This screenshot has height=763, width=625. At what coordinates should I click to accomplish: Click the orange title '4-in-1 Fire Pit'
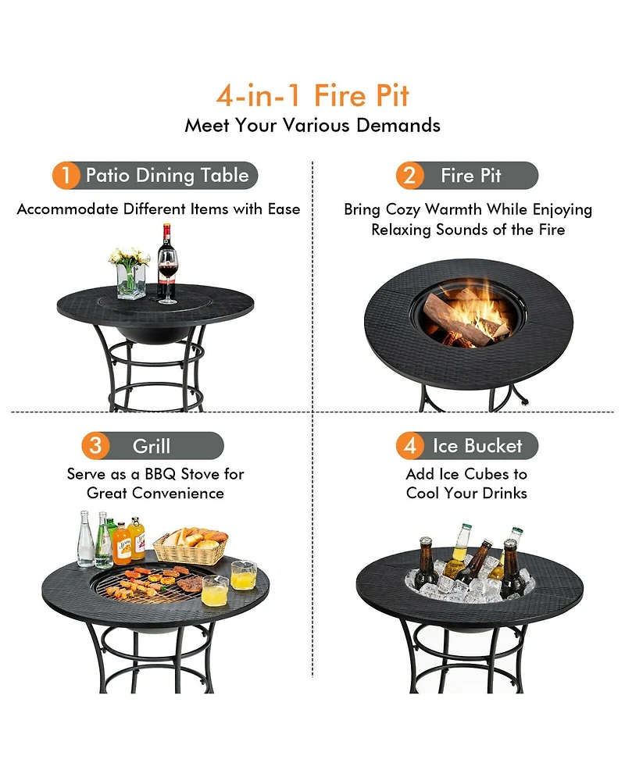coord(312,96)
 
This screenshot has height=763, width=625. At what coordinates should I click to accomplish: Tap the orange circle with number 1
coord(66,175)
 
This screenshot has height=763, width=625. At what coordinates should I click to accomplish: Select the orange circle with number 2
coord(409,175)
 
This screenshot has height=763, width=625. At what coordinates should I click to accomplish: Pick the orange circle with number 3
coord(95,446)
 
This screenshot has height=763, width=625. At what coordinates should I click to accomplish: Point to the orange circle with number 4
coord(409,446)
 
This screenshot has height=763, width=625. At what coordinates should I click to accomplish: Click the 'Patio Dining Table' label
coord(167,175)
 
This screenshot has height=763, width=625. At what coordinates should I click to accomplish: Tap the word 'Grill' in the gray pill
coord(152,446)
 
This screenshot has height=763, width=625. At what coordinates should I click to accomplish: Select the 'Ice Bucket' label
coord(477,446)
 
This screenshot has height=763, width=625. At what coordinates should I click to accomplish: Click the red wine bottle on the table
coord(165,254)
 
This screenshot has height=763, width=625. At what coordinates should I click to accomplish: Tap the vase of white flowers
coord(130,273)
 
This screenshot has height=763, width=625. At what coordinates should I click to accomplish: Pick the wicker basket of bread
coord(191,546)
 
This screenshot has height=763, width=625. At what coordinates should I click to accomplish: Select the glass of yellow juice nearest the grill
coord(215,590)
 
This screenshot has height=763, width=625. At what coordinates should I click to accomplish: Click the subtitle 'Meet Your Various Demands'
coord(312,125)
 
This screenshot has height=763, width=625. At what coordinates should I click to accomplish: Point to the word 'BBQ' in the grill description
coord(163,474)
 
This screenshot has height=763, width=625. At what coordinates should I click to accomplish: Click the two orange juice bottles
coord(130,539)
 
